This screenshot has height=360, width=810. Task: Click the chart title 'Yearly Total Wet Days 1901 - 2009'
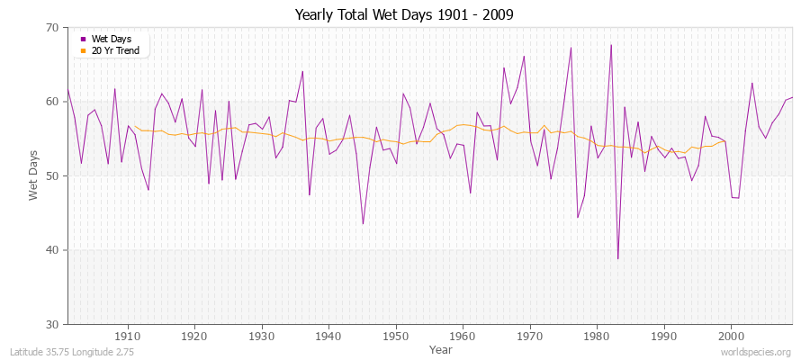(x=405, y=15)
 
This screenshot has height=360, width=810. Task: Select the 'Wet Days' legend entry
(x=111, y=39)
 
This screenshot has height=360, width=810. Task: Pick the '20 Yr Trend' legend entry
(x=115, y=50)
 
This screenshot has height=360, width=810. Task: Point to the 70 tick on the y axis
(x=51, y=28)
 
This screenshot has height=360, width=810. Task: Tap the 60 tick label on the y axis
(x=51, y=102)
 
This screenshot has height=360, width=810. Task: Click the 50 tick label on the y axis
(x=51, y=175)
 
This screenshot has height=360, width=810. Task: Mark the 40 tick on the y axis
(x=51, y=250)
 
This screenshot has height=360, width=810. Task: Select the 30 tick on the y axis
(x=51, y=324)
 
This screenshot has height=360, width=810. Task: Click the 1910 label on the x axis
(x=128, y=337)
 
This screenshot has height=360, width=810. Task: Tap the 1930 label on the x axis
(x=262, y=337)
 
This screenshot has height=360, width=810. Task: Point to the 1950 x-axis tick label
(x=396, y=337)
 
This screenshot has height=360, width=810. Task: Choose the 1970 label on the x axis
(x=530, y=337)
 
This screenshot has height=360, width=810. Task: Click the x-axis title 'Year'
(x=441, y=348)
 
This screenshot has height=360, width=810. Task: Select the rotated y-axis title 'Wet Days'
(x=33, y=175)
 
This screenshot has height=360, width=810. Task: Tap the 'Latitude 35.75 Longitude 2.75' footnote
(x=72, y=352)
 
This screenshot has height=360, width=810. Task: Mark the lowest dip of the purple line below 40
(x=617, y=258)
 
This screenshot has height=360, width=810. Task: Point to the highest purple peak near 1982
(x=611, y=45)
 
